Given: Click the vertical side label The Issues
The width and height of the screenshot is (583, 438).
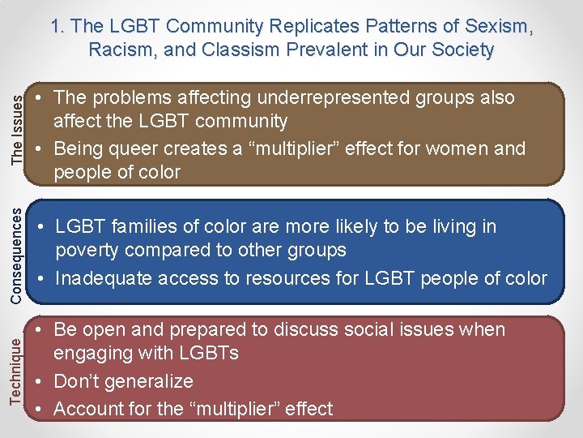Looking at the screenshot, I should point(17,131).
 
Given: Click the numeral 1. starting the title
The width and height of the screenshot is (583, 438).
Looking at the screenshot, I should point(57,26).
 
